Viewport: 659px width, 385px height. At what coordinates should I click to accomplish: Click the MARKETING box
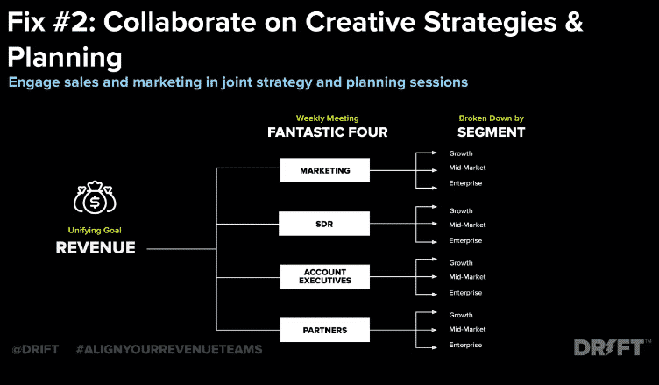(x=325, y=170)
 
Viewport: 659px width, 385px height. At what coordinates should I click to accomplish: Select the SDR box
(x=324, y=224)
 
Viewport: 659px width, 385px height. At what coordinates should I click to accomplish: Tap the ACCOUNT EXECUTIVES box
(x=325, y=276)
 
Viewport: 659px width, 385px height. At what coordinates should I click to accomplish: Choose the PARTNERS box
(x=325, y=330)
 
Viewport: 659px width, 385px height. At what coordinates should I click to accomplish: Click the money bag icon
(x=95, y=197)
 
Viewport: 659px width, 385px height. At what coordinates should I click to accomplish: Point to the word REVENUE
(x=96, y=248)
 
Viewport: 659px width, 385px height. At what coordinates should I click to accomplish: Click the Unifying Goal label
(x=95, y=230)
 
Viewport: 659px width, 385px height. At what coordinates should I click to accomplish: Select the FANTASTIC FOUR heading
(x=328, y=132)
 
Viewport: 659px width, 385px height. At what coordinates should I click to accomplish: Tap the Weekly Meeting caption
(x=328, y=118)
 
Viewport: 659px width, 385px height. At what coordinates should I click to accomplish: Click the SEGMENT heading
(x=492, y=132)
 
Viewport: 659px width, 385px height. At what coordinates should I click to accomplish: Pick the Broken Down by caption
(x=492, y=118)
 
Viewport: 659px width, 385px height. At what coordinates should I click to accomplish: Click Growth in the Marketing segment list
(x=461, y=153)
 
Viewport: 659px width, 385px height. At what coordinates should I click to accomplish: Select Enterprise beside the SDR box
(x=465, y=240)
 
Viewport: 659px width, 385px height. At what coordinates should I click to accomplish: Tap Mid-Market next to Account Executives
(x=467, y=277)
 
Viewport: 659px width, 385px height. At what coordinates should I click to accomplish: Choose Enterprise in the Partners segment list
(x=465, y=345)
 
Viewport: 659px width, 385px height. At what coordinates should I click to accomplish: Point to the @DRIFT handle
(x=35, y=349)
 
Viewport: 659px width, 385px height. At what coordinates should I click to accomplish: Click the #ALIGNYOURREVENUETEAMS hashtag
(x=169, y=349)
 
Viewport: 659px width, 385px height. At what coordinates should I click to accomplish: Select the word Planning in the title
(x=65, y=57)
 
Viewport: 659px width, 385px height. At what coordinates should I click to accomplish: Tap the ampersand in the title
(x=574, y=22)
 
